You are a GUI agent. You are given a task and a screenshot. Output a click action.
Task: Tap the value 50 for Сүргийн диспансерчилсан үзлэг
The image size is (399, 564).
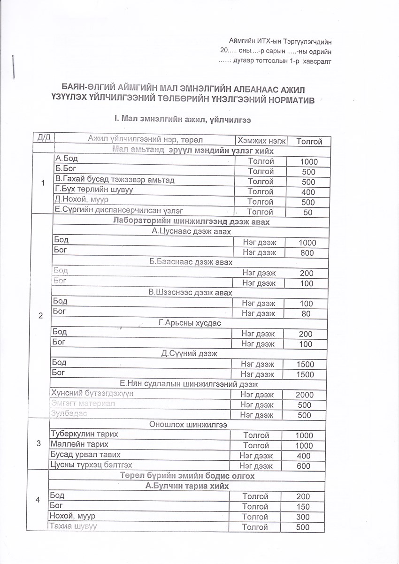(309, 213)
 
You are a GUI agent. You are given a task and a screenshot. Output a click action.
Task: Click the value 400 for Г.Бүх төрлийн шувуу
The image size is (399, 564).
(309, 192)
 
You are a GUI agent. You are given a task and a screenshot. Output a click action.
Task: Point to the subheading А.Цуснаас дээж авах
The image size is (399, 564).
(191, 231)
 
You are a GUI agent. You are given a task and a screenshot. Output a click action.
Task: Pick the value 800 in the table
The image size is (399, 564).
(307, 253)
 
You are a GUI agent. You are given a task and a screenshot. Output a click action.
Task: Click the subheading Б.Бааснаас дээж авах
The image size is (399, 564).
(191, 262)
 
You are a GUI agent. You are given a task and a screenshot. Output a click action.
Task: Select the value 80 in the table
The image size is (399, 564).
(306, 314)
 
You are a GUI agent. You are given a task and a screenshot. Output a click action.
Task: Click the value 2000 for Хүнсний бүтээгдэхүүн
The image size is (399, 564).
(305, 395)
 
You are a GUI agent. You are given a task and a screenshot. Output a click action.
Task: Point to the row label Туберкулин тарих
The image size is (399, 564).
(84, 434)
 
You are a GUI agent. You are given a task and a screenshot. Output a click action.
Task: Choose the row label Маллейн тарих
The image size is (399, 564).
(79, 444)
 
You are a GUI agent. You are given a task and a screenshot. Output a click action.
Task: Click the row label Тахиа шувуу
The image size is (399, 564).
(73, 526)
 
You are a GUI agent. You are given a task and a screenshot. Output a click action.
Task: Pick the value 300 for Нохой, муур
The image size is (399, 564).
(303, 517)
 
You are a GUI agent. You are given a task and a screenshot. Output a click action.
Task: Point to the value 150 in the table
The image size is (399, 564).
(303, 507)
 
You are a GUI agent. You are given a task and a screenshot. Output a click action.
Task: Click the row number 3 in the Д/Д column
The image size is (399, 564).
(38, 444)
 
